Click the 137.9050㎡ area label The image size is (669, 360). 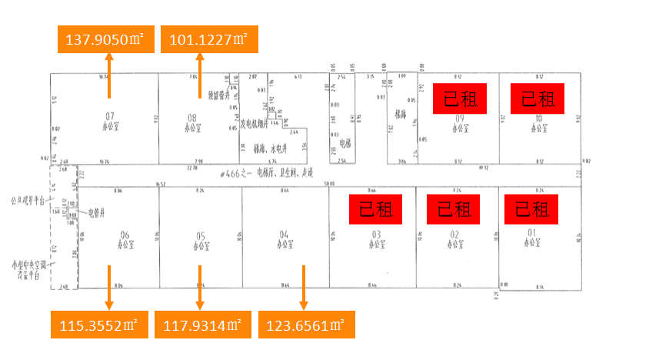pyautogui.click(x=106, y=38)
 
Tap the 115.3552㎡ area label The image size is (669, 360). pyautogui.click(x=98, y=325)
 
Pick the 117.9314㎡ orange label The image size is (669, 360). pyautogui.click(x=202, y=325)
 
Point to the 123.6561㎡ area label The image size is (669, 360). pyautogui.click(x=306, y=325)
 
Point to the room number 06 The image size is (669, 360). pyautogui.click(x=125, y=235)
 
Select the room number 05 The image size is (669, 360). pyautogui.click(x=201, y=235)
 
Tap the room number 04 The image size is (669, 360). pyautogui.click(x=284, y=234)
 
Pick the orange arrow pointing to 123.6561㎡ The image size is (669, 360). pyautogui.click(x=304, y=288)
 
